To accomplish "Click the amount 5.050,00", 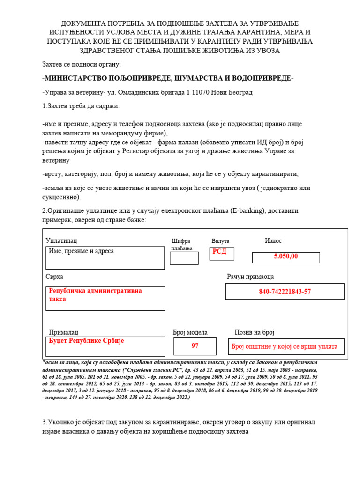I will pyautogui.click(x=286, y=256).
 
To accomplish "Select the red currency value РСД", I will pyautogui.click(x=219, y=252).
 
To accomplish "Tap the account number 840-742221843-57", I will pyautogui.click(x=285, y=292).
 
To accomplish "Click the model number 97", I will pyautogui.click(x=195, y=346).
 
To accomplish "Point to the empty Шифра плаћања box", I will pyautogui.click(x=184, y=258).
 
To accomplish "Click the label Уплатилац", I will pyautogui.click(x=61, y=240).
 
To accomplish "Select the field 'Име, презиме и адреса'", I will pyautogui.click(x=82, y=251).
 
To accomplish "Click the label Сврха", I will pyautogui.click(x=54, y=277).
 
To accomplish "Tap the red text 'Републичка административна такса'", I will pyautogui.click(x=95, y=295).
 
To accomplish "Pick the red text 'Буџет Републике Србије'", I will pyautogui.click(x=86, y=341).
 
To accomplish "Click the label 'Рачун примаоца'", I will pyautogui.click(x=250, y=277).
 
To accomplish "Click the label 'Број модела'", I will pyautogui.click(x=190, y=332).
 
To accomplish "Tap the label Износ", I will pyautogui.click(x=273, y=240).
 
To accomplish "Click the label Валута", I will pyautogui.click(x=220, y=241).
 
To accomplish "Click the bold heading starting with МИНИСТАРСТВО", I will pyautogui.click(x=168, y=78).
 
